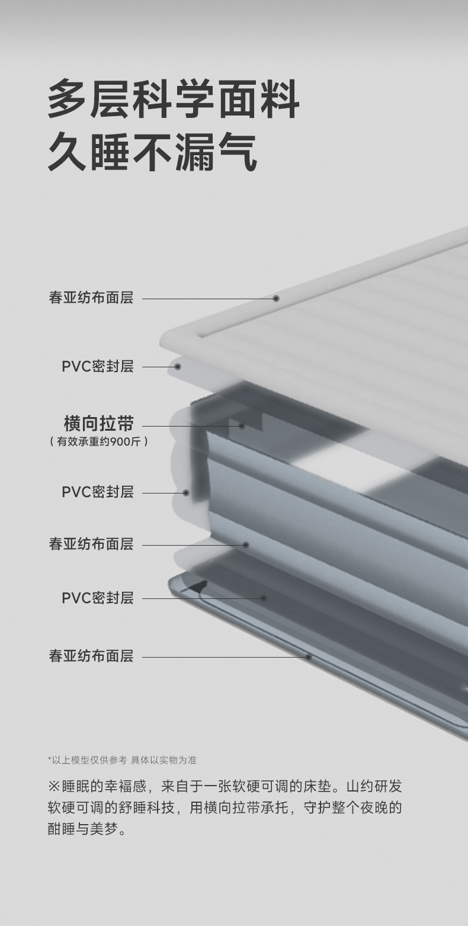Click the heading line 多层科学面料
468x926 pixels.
[174, 101]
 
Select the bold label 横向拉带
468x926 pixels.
[98, 424]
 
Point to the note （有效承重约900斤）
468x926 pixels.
[98, 441]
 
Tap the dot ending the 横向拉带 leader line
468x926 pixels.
[242, 425]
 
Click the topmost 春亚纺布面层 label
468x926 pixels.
[91, 297]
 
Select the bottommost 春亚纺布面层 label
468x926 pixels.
[91, 656]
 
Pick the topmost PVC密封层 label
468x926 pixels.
[98, 366]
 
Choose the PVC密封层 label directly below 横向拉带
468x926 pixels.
[98, 492]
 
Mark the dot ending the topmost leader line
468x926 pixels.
[275, 299]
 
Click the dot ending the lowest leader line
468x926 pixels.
[308, 657]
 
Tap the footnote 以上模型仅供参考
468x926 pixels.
[89, 760]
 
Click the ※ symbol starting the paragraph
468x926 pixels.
[54, 787]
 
